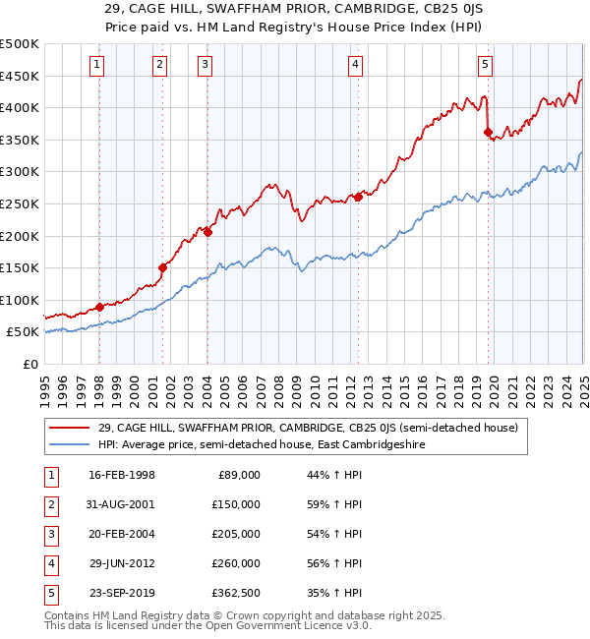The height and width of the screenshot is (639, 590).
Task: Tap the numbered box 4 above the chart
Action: tap(355, 66)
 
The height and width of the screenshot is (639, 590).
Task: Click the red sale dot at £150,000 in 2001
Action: tap(163, 267)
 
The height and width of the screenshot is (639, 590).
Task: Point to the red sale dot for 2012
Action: tap(358, 197)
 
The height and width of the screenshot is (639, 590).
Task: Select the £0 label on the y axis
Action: tap(29, 364)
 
